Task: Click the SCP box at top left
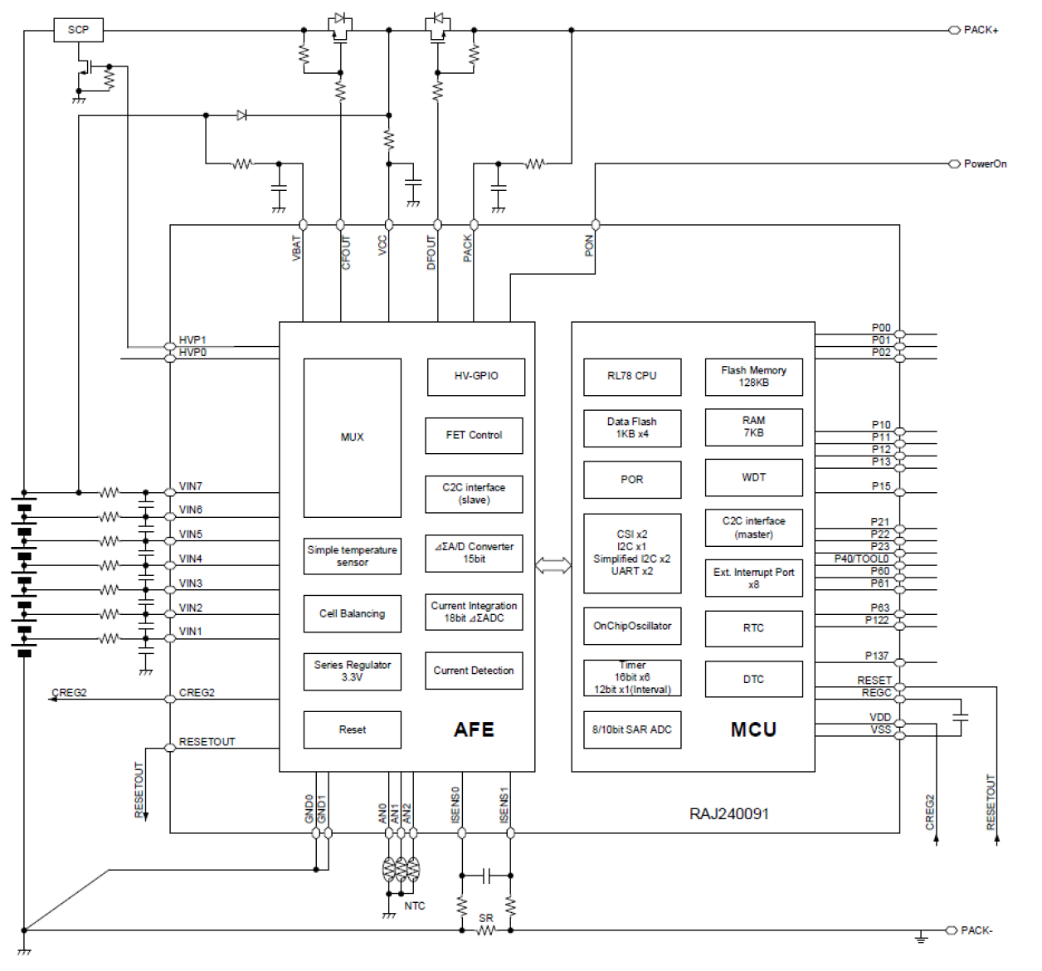(79, 30)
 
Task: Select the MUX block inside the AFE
(352, 437)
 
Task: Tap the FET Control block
(474, 435)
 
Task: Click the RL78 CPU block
(631, 376)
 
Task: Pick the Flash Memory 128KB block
(753, 376)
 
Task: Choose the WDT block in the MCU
(753, 477)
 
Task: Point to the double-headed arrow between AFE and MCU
(553, 566)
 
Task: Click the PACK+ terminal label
(981, 30)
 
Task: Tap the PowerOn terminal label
(985, 163)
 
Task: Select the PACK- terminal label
(976, 930)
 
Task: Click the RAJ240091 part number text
(728, 813)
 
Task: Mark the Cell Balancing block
(352, 613)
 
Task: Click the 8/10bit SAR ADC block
(631, 729)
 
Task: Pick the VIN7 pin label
(190, 486)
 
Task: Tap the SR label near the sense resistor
(485, 918)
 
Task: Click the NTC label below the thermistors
(414, 905)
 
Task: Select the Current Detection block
(474, 671)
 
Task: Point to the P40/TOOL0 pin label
(861, 559)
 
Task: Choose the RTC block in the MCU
(753, 628)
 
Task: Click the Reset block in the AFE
(352, 729)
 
